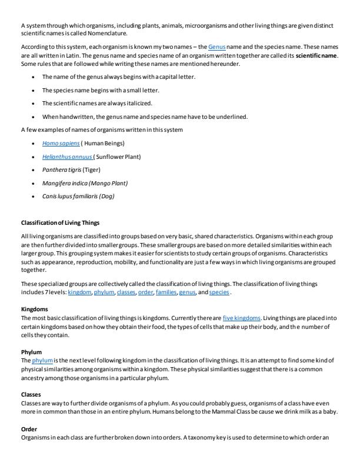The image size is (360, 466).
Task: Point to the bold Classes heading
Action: [x=31, y=387]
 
